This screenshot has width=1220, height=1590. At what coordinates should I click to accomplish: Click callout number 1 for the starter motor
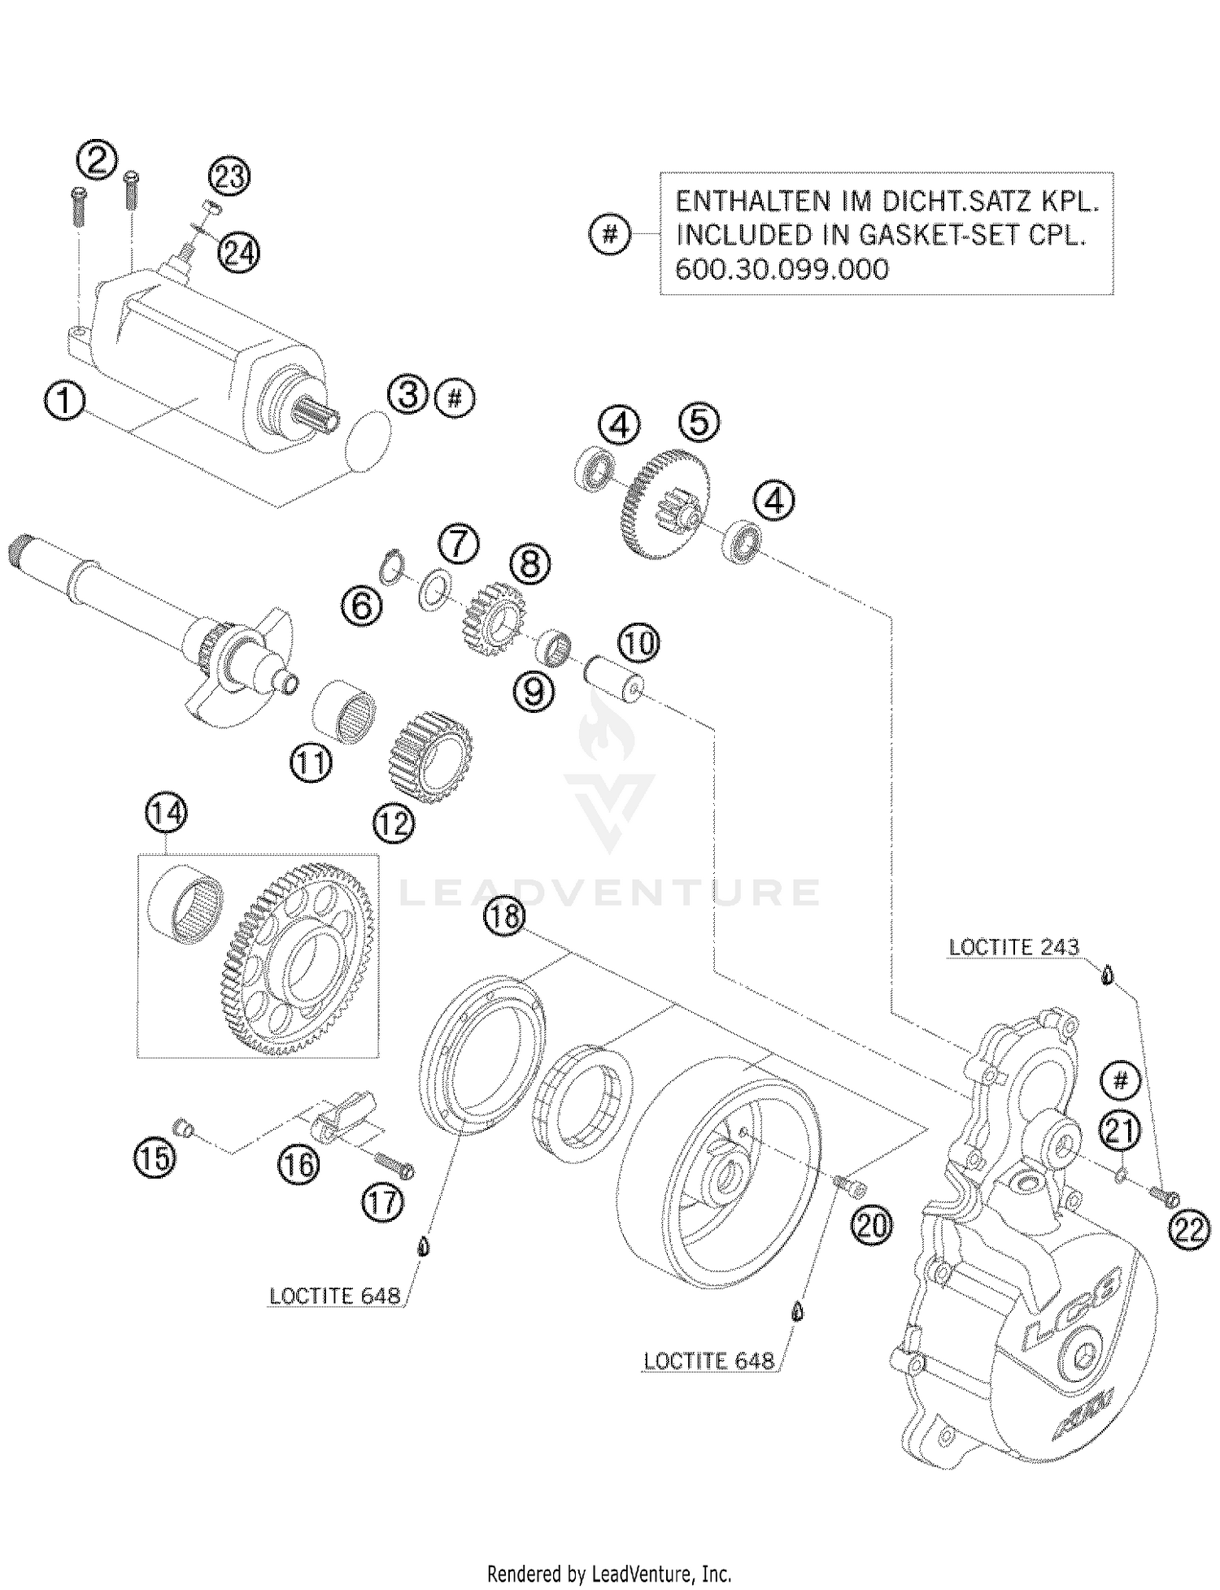pyautogui.click(x=65, y=402)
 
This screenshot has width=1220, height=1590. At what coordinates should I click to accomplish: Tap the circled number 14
pyautogui.click(x=166, y=815)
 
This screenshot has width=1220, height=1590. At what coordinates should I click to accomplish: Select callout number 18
pyautogui.click(x=504, y=916)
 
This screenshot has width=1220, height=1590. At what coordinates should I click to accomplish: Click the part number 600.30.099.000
pyautogui.click(x=782, y=269)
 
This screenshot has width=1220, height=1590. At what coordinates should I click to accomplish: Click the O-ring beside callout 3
pyautogui.click(x=368, y=440)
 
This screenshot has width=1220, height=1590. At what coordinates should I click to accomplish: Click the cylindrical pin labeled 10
pyautogui.click(x=615, y=676)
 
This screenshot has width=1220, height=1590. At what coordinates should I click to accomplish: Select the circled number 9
pyautogui.click(x=534, y=692)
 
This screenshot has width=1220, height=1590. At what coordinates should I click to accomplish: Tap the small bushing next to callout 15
pyautogui.click(x=184, y=1127)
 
